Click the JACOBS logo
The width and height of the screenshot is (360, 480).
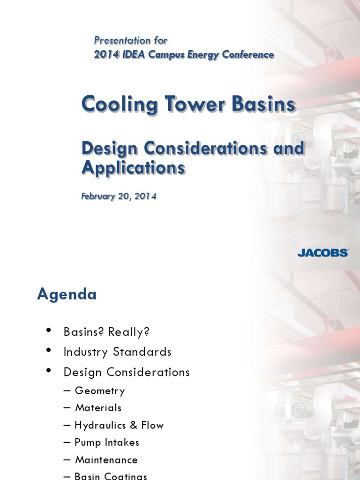point(322,253)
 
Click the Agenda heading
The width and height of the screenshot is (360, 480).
point(67,294)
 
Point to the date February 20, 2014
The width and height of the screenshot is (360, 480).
point(119,196)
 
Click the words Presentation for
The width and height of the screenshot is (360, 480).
point(130,40)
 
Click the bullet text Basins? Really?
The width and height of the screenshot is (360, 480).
point(106,332)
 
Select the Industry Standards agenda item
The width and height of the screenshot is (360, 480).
point(117,352)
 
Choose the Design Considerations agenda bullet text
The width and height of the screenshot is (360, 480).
point(127,372)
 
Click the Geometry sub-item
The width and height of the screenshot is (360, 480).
point(99,390)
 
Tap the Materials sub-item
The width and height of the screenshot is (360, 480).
point(98,408)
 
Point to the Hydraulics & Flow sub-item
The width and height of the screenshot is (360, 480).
point(119,425)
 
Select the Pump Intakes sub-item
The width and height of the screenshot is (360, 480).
point(106,442)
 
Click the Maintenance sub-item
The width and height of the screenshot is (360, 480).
point(106,460)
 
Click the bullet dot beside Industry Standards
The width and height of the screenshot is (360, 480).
point(49,351)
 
